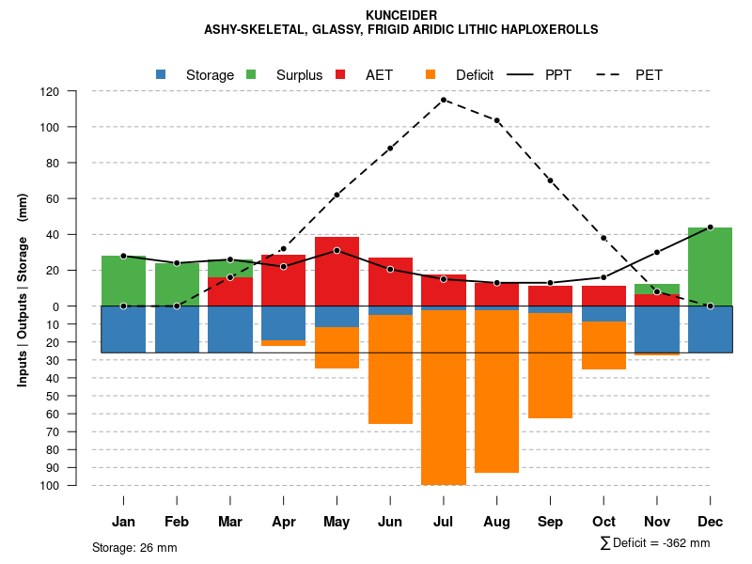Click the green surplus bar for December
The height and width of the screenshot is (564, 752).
[x=710, y=266]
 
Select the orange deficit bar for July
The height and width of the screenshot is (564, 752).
[x=444, y=397]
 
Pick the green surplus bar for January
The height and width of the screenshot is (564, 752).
[x=123, y=280]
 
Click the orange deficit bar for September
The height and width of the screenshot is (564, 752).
[x=550, y=366]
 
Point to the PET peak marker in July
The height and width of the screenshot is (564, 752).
[x=444, y=100]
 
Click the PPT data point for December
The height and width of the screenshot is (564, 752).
[x=710, y=227]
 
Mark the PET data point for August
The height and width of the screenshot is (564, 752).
[x=496, y=120]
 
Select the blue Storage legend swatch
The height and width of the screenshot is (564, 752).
[x=162, y=74]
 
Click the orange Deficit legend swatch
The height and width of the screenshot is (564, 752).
[x=431, y=74]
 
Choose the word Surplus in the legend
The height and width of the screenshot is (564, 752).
[x=299, y=75]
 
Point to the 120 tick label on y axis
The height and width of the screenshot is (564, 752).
[x=50, y=92]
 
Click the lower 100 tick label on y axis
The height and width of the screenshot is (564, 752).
[x=50, y=485]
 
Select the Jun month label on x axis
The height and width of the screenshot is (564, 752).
[x=390, y=522]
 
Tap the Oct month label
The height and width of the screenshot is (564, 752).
[x=603, y=522]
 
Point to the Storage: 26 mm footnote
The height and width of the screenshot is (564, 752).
[x=134, y=547]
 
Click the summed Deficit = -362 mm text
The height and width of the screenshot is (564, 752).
[x=654, y=542]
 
